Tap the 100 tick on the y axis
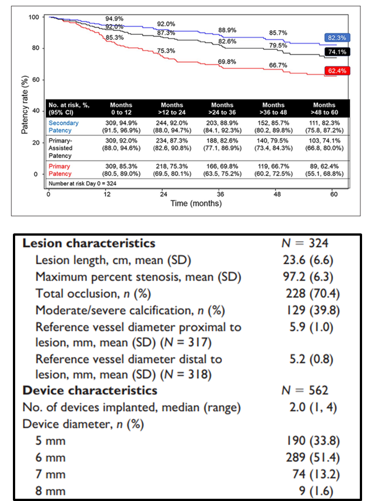point(34,17)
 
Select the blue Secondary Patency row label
point(63,126)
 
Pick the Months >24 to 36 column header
point(222,108)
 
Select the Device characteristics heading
point(90,390)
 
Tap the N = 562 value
point(304,390)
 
